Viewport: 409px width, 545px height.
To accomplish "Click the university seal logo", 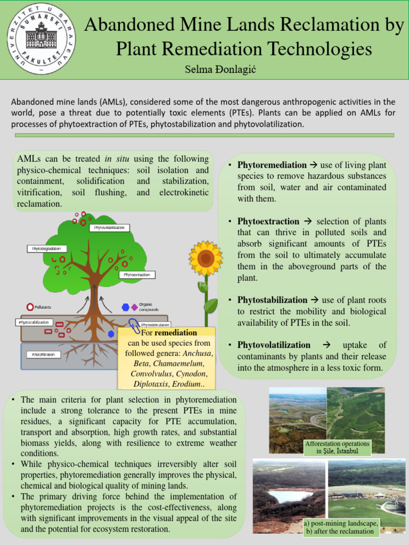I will pos(41,38).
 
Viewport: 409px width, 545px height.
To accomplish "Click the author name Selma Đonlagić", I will pos(220,70).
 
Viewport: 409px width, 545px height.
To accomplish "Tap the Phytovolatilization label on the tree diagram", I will pos(110,228).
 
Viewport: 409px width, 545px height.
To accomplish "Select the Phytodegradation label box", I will pos(47,249).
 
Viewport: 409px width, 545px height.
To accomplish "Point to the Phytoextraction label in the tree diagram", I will pos(137,275).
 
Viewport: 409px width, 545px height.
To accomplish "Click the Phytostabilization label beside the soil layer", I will pos(34,322).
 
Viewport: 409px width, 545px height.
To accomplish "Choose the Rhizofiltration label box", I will pos(43,354).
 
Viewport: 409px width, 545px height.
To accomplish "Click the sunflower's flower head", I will pos(206,259).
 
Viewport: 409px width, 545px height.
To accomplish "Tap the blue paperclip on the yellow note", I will pos(133,325).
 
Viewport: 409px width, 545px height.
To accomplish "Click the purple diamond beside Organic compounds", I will pos(134,307).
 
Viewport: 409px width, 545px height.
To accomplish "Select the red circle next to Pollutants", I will pos(30,307).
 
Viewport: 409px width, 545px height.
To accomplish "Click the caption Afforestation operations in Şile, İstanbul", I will pos(337,447).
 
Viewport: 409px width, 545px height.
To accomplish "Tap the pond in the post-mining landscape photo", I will pos(290,496).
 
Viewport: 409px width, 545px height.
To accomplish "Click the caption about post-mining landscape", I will pos(341,527).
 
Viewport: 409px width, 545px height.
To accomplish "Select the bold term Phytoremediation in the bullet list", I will pos(272,165).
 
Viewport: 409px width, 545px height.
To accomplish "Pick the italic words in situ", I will pos(118,159).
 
